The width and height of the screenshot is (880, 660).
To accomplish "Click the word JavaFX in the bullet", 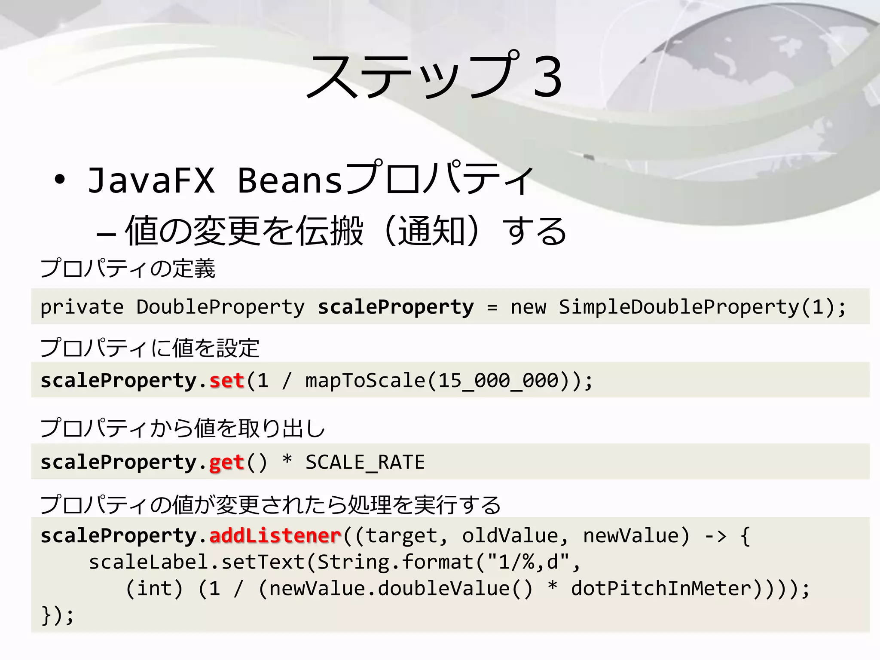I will (x=151, y=180).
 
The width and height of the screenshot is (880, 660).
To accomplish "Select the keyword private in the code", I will (x=82, y=307).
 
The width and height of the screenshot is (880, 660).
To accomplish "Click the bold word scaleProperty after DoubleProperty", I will (x=396, y=307).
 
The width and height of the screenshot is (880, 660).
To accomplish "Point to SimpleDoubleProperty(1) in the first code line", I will (x=696, y=307).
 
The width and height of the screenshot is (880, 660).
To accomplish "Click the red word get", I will (x=227, y=462).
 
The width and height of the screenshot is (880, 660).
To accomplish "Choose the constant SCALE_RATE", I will (x=365, y=462).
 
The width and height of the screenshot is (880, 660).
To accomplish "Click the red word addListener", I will (x=275, y=536).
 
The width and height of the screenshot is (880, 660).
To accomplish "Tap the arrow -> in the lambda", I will (x=715, y=536).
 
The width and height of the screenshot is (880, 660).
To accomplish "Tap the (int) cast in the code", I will (x=154, y=588).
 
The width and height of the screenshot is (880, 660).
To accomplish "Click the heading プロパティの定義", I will (x=128, y=269).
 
